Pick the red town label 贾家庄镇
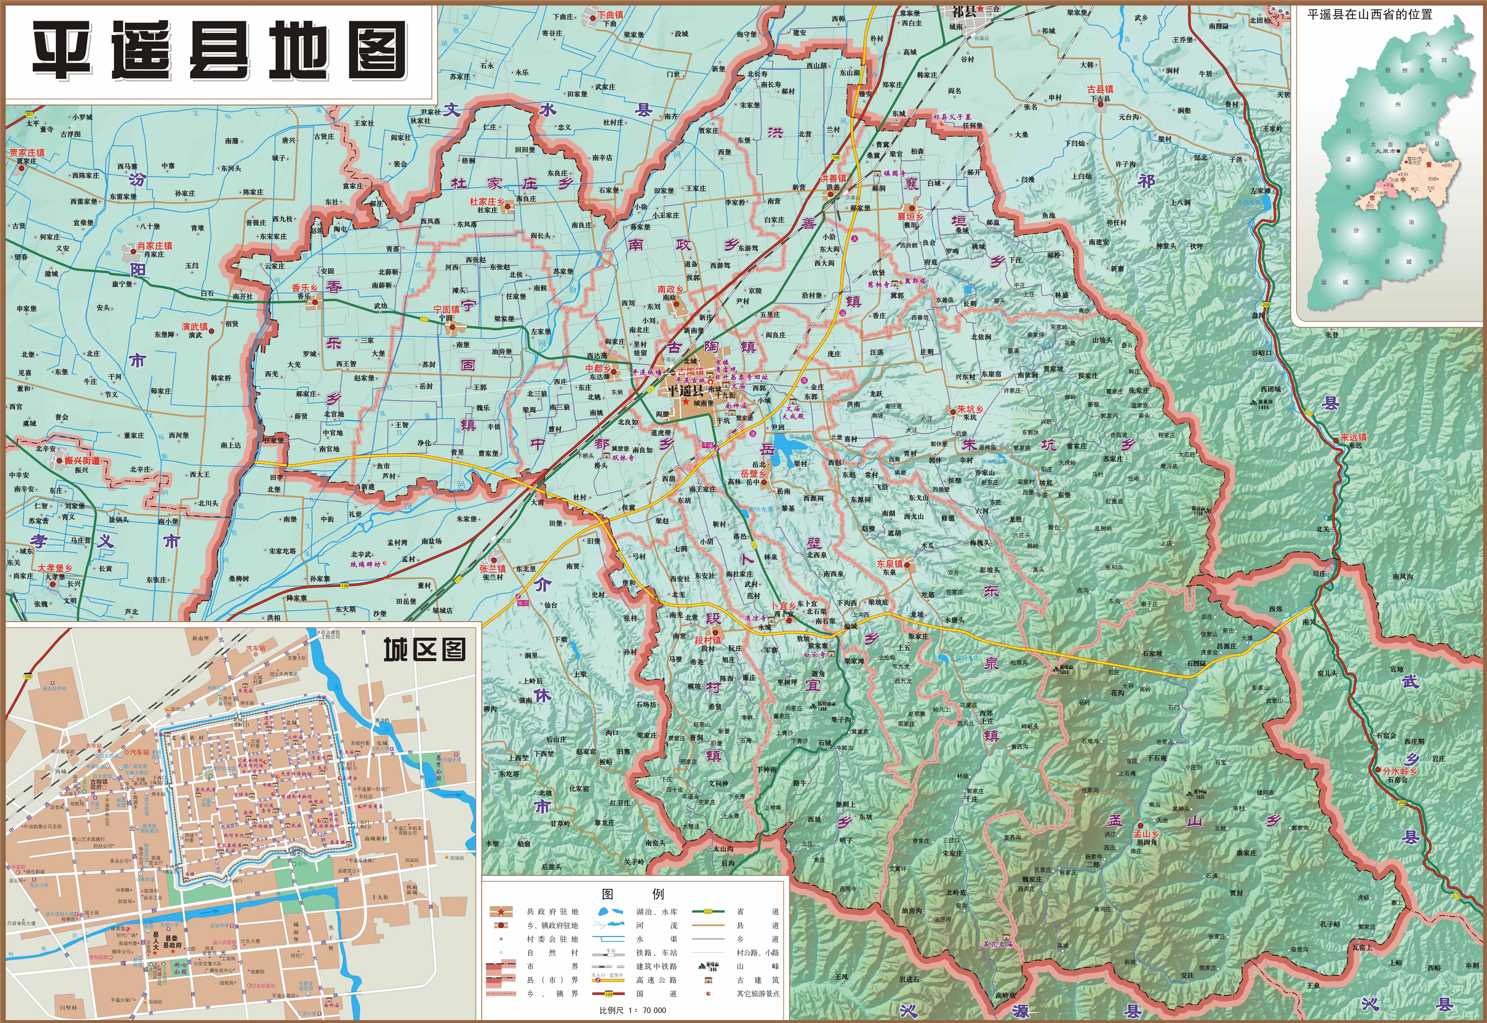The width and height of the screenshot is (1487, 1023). coord(27,152)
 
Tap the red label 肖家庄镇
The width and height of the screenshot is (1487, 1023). coord(154,245)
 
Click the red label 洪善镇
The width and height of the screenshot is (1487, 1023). coord(833,178)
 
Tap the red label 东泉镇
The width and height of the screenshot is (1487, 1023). coord(890,564)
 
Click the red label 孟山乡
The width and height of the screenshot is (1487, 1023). coord(1146,834)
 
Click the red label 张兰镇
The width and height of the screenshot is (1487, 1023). coord(492,569)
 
